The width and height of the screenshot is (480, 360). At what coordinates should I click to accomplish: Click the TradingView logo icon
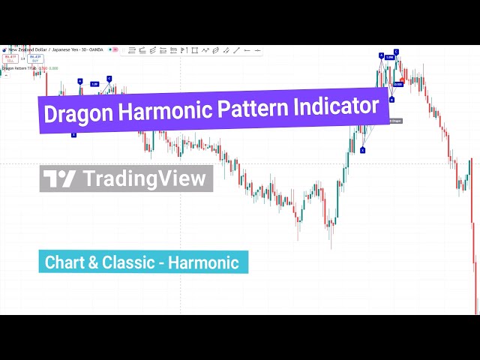click(x=60, y=178)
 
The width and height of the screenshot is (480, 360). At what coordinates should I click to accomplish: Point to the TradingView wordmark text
click(x=144, y=178)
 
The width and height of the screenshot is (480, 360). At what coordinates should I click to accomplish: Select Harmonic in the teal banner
click(x=203, y=262)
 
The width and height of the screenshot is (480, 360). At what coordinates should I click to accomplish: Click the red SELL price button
click(x=10, y=58)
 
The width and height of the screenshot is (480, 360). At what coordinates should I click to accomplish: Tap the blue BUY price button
click(x=34, y=58)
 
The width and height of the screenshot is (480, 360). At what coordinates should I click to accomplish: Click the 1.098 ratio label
click(x=389, y=57)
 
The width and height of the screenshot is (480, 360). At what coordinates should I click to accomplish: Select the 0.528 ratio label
click(x=397, y=84)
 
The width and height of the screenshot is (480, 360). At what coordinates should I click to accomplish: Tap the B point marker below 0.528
click(x=391, y=99)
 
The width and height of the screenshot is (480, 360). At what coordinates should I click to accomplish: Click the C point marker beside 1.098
click(x=396, y=51)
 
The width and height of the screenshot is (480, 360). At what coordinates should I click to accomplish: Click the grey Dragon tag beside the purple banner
click(x=397, y=120)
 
